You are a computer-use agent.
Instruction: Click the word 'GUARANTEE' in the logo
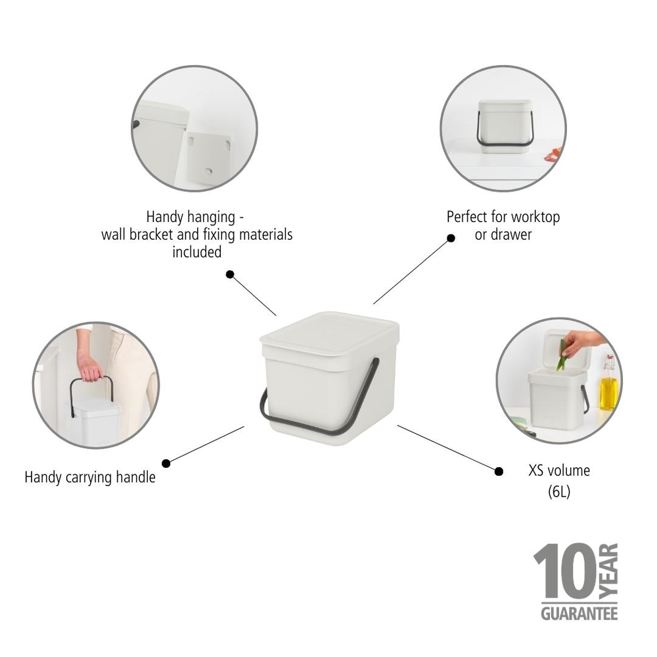pos(579,614)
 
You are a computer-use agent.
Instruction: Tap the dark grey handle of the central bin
pos(320,408)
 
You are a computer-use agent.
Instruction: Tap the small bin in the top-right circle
pos(504,127)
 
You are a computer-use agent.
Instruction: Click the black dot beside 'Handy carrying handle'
pos(166,463)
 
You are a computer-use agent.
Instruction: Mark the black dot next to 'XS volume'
pos(499,472)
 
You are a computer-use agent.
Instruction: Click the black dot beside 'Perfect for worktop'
pos(451,238)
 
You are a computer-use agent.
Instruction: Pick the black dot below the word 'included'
pos(229,275)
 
